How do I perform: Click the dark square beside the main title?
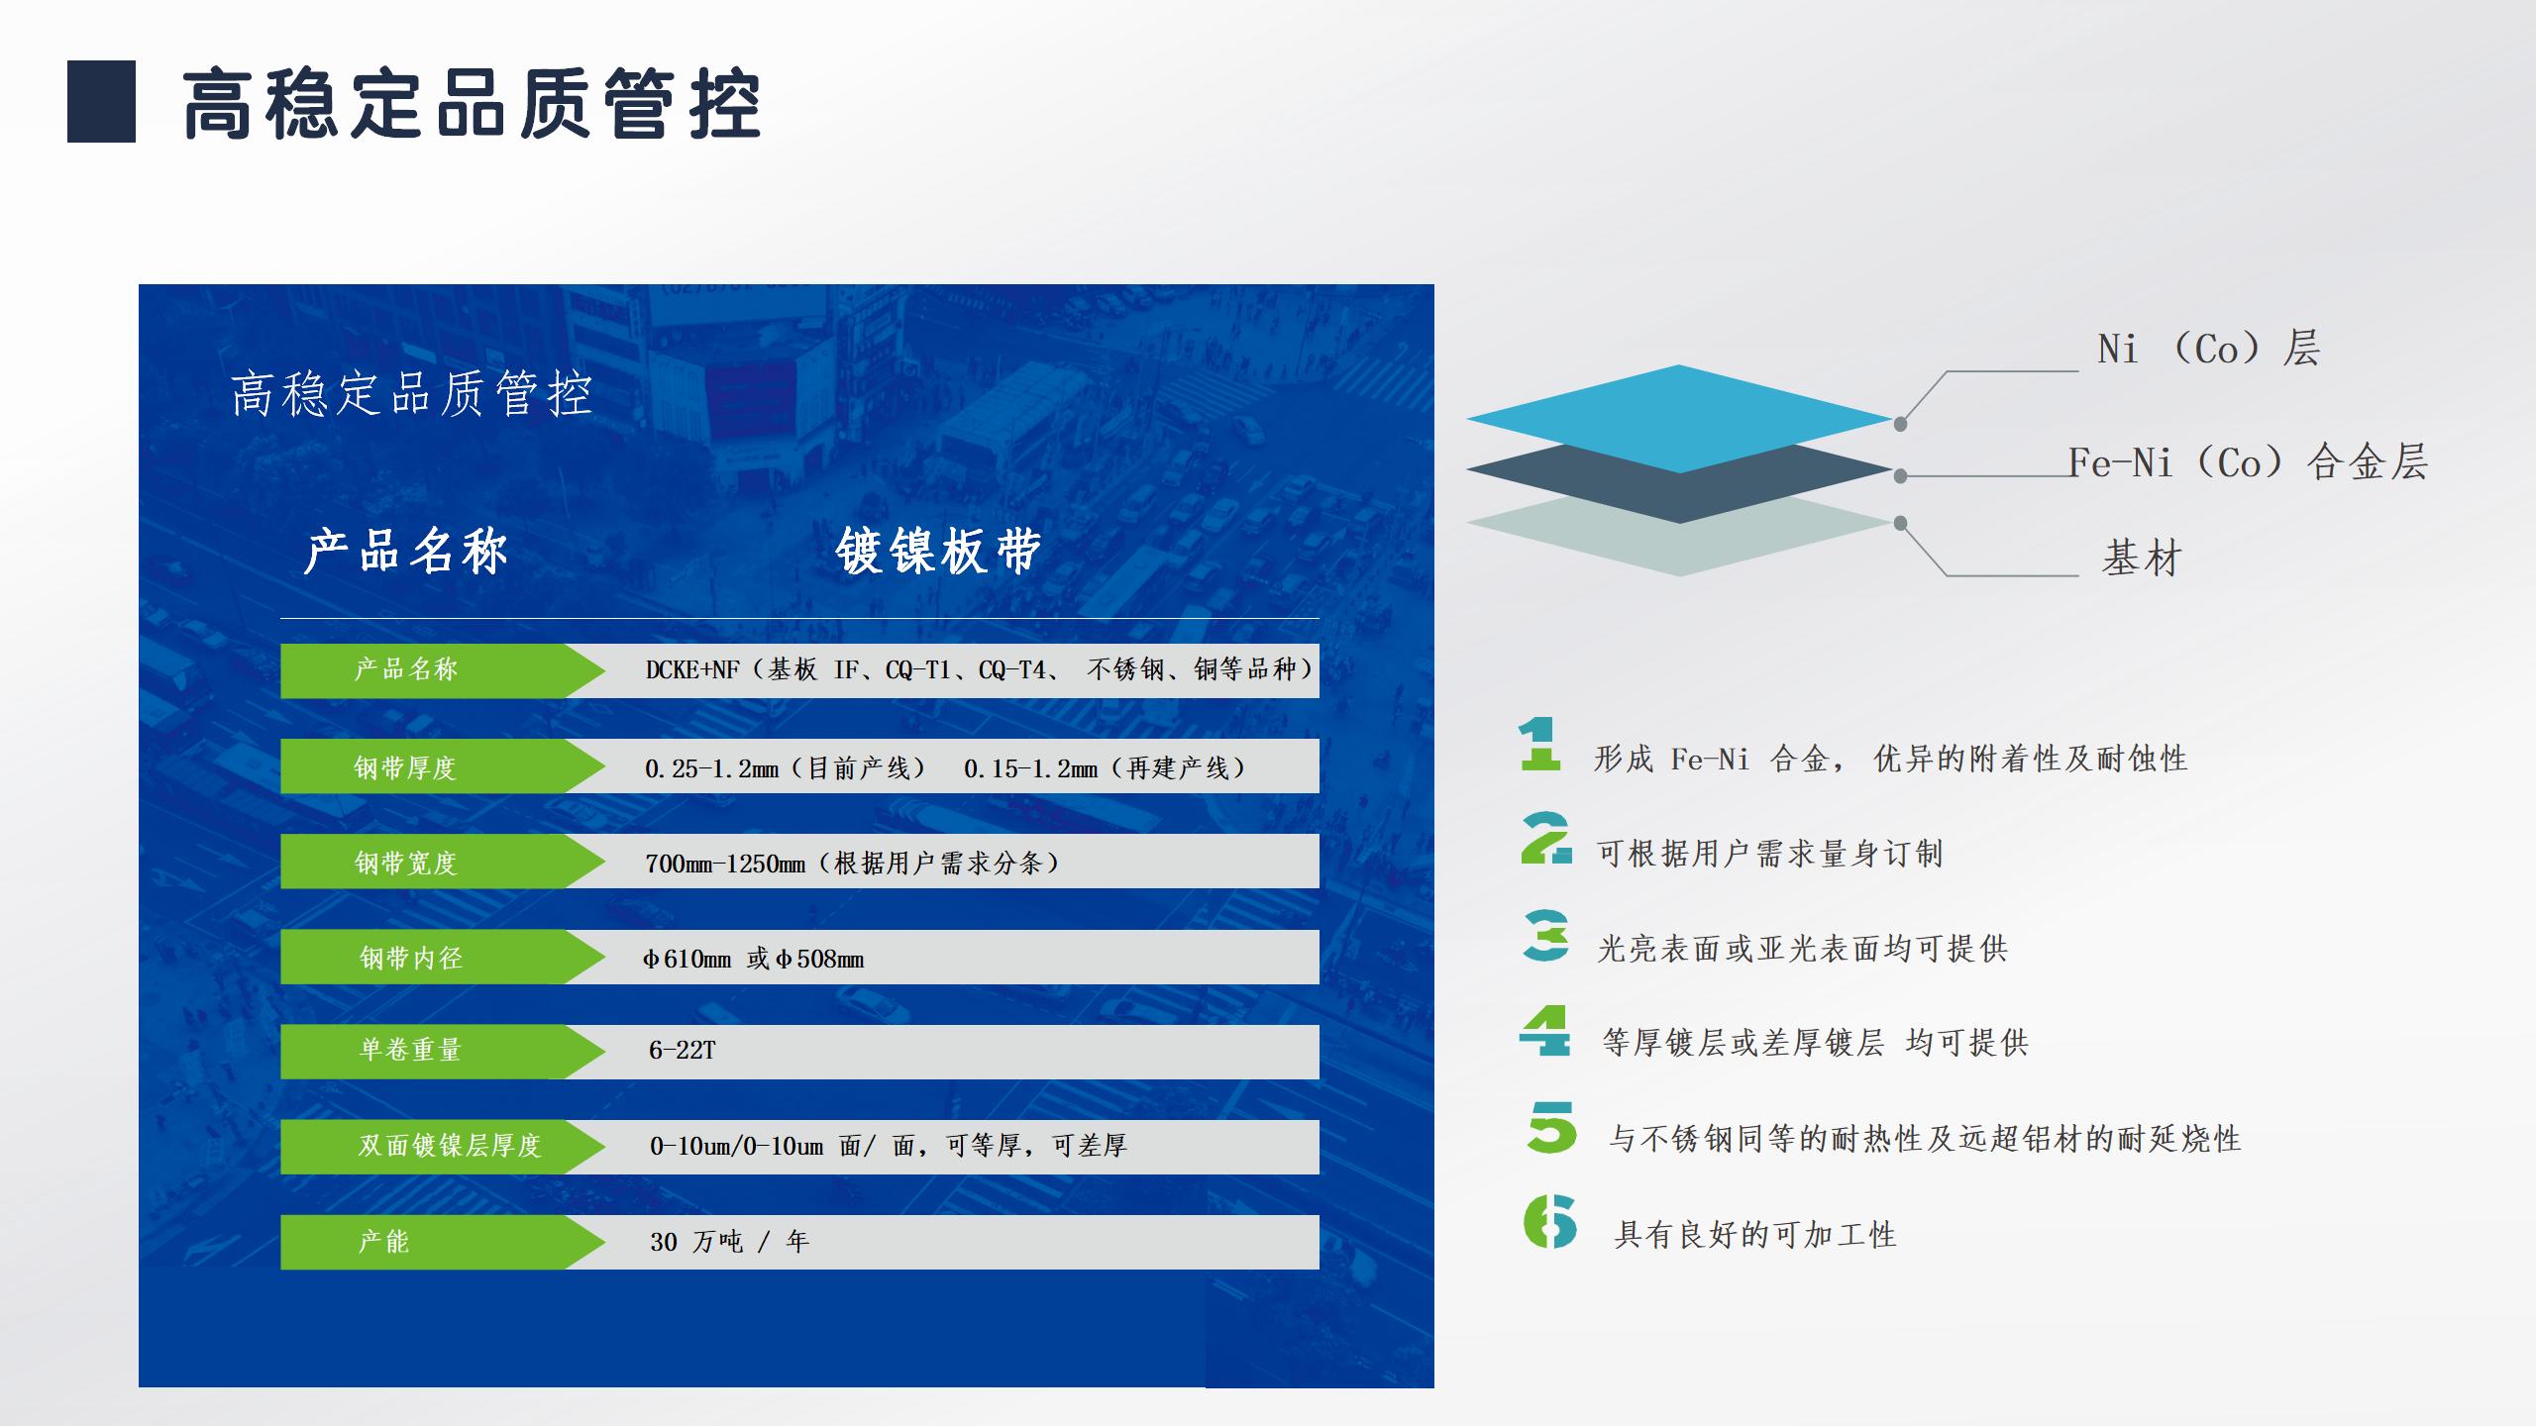101,102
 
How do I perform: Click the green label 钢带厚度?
405,767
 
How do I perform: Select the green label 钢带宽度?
405,863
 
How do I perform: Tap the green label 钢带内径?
410,958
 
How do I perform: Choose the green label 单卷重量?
410,1050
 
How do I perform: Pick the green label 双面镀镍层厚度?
449,1146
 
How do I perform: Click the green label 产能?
383,1242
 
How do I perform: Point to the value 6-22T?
682,1051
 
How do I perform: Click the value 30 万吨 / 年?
729,1242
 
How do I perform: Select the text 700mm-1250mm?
725,864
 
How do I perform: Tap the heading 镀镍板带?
938,552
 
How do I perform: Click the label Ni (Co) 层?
2208,350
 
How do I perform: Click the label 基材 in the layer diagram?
2142,559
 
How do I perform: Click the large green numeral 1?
1539,745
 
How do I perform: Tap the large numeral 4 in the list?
1544,1031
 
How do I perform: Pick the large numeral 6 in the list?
1549,1221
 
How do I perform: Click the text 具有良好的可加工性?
1754,1235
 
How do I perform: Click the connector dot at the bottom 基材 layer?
1900,523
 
